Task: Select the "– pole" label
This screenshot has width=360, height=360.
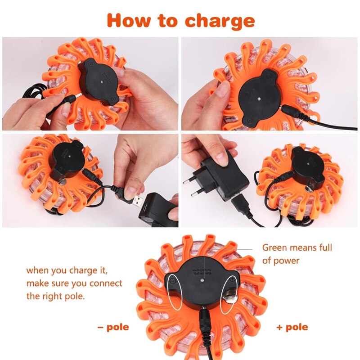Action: pos(113,327)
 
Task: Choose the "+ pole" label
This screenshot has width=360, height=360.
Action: pos(292,327)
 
